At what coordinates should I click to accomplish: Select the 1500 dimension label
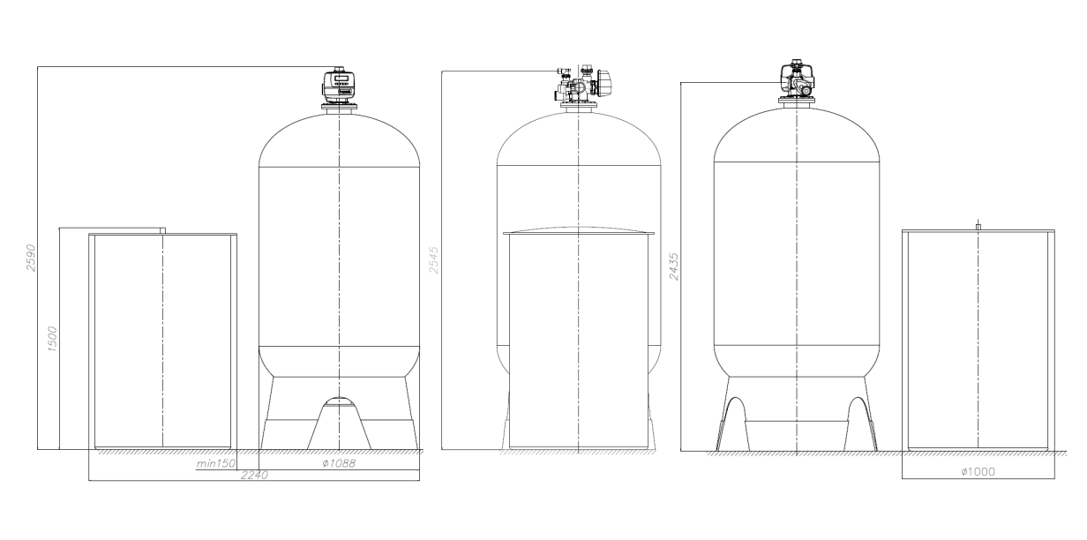click(x=52, y=340)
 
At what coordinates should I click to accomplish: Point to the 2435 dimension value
click(x=675, y=263)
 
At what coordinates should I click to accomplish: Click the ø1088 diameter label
click(x=340, y=464)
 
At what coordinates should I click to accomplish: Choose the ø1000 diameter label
click(x=978, y=471)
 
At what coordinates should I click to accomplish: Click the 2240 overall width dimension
click(x=254, y=476)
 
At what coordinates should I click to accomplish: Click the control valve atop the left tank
click(x=340, y=86)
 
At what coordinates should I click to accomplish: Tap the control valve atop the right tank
click(x=796, y=81)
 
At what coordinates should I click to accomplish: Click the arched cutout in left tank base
click(x=340, y=402)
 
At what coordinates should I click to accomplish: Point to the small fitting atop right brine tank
click(x=978, y=227)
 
